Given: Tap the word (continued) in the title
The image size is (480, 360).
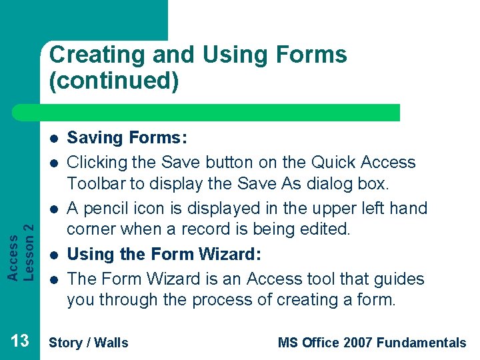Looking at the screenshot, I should [113, 81].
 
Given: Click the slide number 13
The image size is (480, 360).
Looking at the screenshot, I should [20, 341].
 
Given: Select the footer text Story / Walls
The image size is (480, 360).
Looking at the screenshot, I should [89, 343].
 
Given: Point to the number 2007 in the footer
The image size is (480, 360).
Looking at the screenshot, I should [357, 343].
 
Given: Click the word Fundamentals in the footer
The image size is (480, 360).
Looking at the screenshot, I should [421, 343].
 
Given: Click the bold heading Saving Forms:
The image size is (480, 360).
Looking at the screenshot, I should [127, 139].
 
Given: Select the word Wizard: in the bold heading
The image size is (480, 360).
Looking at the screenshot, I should [228, 254].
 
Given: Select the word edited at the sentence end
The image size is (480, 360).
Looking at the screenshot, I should [327, 229].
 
